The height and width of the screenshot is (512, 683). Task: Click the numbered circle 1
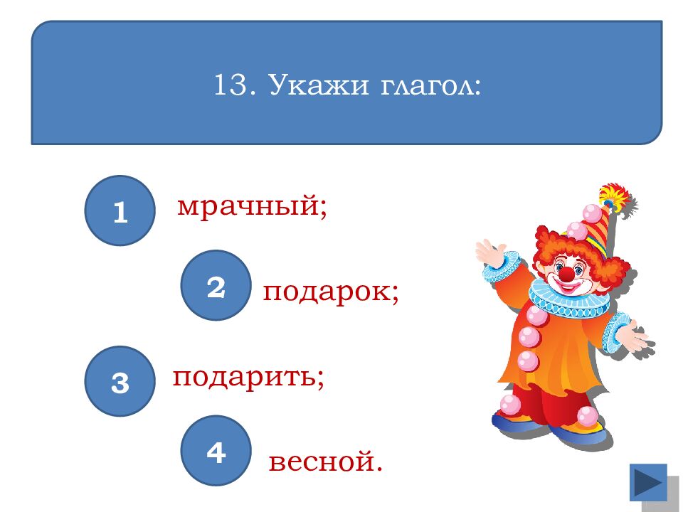click(120, 210)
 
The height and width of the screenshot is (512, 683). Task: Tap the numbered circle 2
click(216, 285)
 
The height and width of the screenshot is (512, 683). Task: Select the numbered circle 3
click(120, 381)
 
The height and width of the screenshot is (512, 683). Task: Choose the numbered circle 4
click(216, 451)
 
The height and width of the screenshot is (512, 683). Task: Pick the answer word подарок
click(330, 292)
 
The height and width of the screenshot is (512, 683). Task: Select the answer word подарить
click(248, 377)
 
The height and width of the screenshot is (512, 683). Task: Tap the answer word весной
click(326, 463)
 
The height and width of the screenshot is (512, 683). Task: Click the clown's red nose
click(566, 273)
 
